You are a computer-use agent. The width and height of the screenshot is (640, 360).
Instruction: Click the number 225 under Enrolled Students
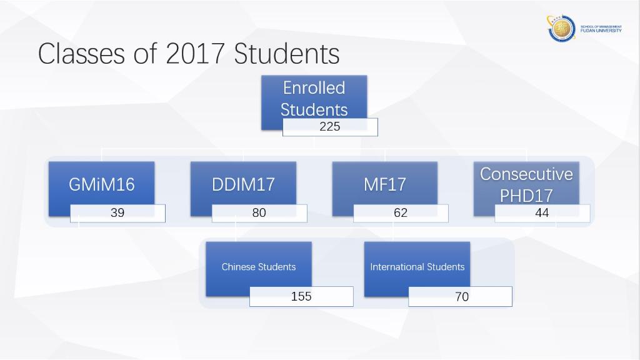click(330, 126)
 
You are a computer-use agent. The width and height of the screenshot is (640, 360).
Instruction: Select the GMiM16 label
click(102, 184)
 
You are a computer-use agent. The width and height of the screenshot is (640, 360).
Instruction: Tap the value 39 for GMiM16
click(117, 212)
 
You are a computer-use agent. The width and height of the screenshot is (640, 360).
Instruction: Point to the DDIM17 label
click(243, 184)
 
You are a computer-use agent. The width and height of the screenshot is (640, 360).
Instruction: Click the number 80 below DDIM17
click(259, 212)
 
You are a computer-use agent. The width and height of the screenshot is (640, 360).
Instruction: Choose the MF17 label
click(385, 184)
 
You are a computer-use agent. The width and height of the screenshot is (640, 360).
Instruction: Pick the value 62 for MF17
click(401, 212)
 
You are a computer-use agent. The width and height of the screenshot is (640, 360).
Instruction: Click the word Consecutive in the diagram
click(526, 174)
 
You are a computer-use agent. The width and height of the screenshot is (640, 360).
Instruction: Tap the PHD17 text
click(526, 196)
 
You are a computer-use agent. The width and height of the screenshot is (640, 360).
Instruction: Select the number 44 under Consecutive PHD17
click(542, 212)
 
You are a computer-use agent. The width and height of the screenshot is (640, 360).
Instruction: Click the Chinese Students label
click(259, 267)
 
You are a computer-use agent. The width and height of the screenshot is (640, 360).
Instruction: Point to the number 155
click(301, 296)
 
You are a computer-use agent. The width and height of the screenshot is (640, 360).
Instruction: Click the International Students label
click(417, 267)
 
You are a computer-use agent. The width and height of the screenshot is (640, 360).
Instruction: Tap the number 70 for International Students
click(462, 297)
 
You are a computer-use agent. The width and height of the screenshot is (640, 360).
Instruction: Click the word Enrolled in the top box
click(314, 88)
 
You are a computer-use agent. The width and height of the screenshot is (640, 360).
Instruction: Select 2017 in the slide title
click(195, 54)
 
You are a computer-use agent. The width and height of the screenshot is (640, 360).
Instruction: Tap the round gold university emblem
click(562, 29)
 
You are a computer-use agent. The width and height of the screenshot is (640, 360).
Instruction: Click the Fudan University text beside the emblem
click(601, 31)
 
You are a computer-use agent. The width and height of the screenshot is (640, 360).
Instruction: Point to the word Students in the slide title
click(286, 54)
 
